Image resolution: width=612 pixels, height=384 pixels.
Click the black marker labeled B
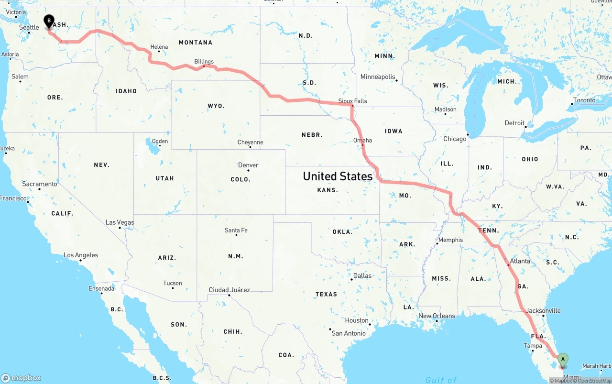(x=49, y=21)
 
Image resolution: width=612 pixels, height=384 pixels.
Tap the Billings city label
(x=204, y=62)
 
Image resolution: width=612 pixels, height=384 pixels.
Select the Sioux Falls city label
(x=352, y=101)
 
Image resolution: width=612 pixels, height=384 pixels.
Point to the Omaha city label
(x=362, y=140)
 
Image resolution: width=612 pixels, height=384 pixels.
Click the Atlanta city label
(x=520, y=261)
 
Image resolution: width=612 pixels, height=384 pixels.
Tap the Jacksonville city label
(x=543, y=311)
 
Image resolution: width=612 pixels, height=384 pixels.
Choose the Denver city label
(x=248, y=165)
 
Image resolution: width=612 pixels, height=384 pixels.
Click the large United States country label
(x=338, y=176)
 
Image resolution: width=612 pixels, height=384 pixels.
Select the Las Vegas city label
(x=120, y=222)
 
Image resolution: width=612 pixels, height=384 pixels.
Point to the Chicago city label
(x=454, y=139)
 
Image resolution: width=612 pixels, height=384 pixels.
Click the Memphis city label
(x=450, y=240)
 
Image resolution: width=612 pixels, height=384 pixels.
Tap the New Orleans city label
(x=437, y=316)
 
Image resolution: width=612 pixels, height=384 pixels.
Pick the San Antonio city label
(x=349, y=333)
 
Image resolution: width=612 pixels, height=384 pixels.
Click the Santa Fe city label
(x=236, y=230)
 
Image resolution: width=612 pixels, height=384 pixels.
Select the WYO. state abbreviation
(x=216, y=106)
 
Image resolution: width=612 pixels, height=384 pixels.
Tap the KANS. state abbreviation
(x=328, y=190)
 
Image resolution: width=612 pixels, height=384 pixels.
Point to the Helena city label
(x=159, y=47)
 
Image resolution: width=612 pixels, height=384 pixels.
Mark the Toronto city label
(x=584, y=100)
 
